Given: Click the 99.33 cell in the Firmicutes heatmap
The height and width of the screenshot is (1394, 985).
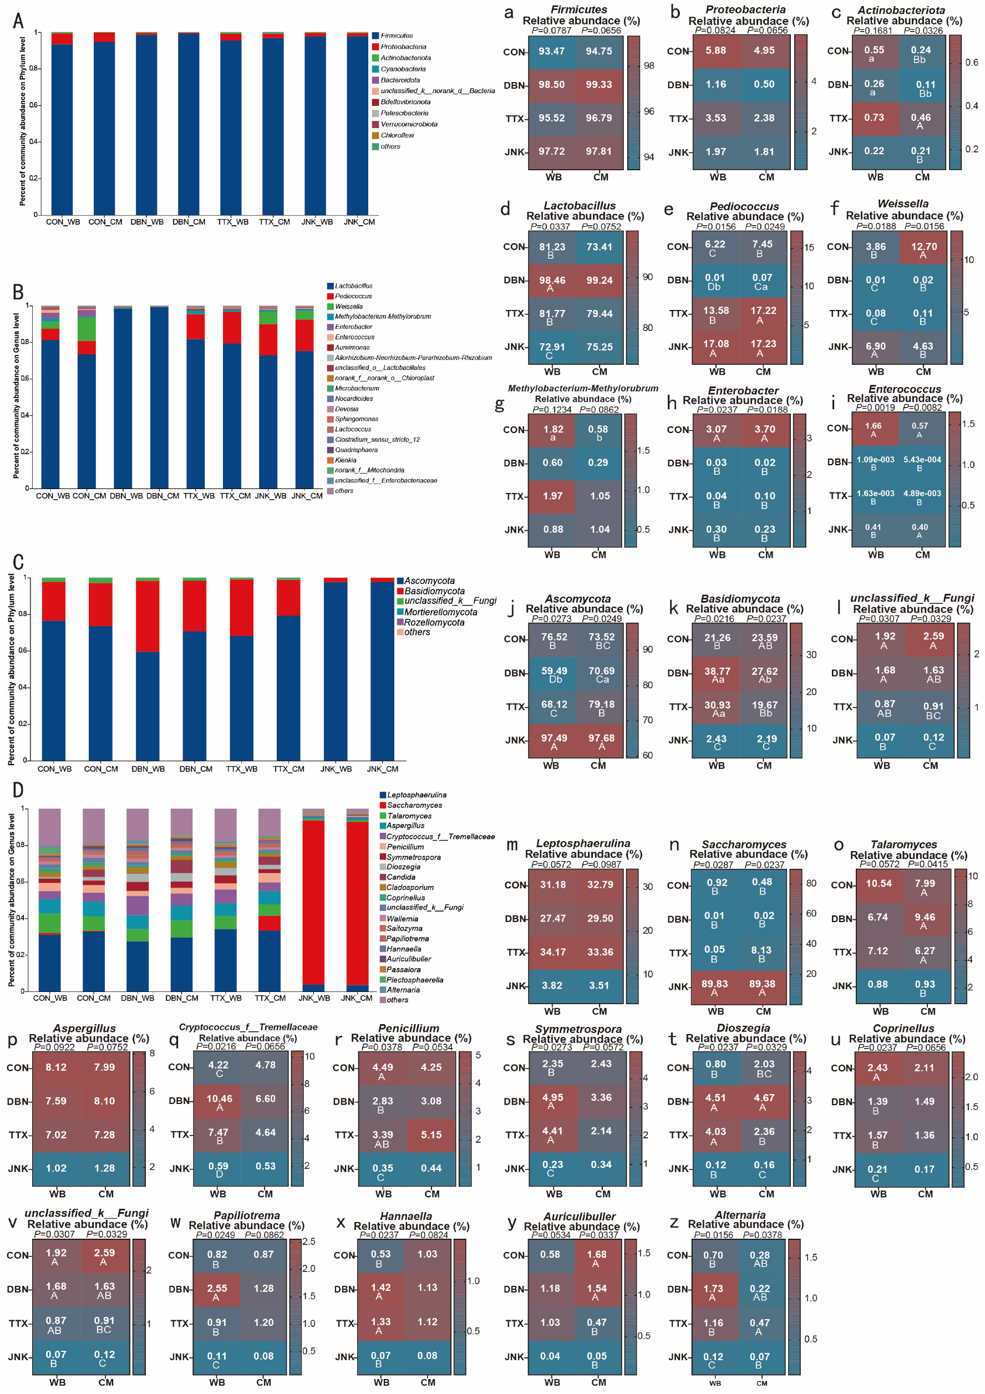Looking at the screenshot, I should pos(598,85).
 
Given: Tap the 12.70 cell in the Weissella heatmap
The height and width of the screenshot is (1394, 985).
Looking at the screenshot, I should pos(923,247).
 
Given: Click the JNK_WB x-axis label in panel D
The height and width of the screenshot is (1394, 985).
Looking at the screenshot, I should pos(313,998).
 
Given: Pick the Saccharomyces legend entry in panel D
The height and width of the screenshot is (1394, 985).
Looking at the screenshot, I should pos(414,805).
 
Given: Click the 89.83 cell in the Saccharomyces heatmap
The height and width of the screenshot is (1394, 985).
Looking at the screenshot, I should pos(714,984).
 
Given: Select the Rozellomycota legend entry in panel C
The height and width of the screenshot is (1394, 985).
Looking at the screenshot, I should pos(434,622).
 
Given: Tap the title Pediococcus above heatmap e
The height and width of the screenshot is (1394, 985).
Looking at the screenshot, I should pos(744,206).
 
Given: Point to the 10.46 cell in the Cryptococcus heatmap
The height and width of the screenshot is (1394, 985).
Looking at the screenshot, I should pos(219,1099).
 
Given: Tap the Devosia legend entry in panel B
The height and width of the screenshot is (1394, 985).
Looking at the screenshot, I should pos(346,409).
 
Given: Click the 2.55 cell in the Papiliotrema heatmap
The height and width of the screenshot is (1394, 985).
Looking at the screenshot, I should pos(217,1288).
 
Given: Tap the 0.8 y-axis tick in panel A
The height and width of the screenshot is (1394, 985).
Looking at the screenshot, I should pos(34,69).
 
